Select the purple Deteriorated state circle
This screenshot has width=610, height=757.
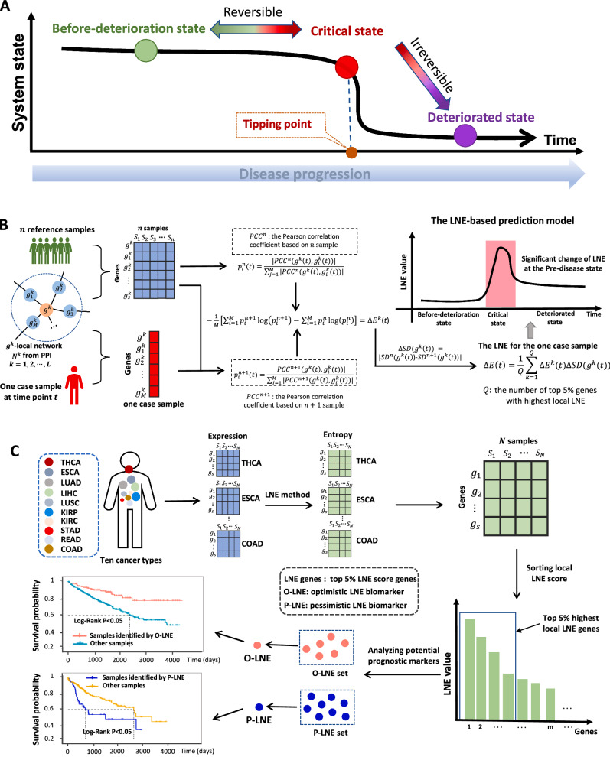click(x=464, y=136)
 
